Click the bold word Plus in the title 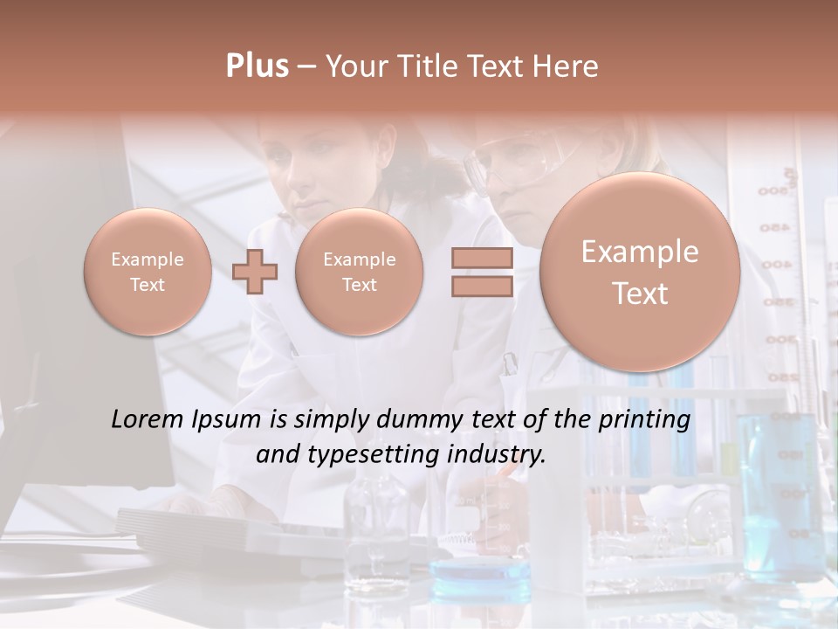(x=257, y=66)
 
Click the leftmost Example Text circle (x=148, y=272)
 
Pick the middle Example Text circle (x=359, y=272)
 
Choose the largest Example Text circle (x=640, y=272)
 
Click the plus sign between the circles (x=255, y=271)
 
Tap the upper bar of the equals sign (x=481, y=258)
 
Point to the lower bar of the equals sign (x=481, y=287)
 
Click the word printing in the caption (x=644, y=420)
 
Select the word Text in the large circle (x=640, y=294)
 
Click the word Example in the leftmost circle (x=148, y=259)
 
